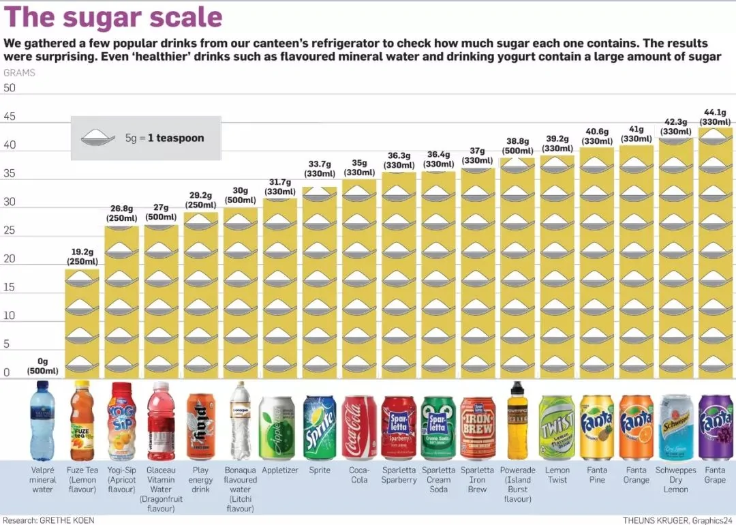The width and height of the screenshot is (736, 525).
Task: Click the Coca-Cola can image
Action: pyautogui.click(x=359, y=427)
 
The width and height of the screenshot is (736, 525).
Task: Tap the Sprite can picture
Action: pyautogui.click(x=320, y=427)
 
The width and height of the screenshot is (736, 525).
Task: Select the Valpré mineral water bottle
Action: pyautogui.click(x=42, y=420)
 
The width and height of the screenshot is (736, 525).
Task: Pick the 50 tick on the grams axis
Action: pyautogui.click(x=10, y=88)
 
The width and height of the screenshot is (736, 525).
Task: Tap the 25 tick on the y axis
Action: pyautogui.click(x=10, y=230)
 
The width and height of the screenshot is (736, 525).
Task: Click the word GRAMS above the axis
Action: pyautogui.click(x=19, y=73)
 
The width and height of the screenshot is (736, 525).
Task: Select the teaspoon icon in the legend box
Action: pyautogui.click(x=98, y=138)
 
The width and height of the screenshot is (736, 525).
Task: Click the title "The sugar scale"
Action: pyautogui.click(x=113, y=17)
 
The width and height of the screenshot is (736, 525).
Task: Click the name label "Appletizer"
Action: pyautogui.click(x=280, y=470)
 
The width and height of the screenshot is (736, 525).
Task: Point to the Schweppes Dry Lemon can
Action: pyautogui.click(x=675, y=427)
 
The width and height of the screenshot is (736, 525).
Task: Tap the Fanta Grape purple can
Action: pyautogui.click(x=715, y=427)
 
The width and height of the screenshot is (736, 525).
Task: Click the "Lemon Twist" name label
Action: pyautogui.click(x=557, y=475)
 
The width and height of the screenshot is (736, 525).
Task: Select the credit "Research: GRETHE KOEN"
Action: pyautogui.click(x=49, y=520)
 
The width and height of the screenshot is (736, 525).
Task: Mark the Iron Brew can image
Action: pyautogui.click(x=477, y=427)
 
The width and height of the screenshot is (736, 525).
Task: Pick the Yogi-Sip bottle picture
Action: pyautogui.click(x=121, y=420)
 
